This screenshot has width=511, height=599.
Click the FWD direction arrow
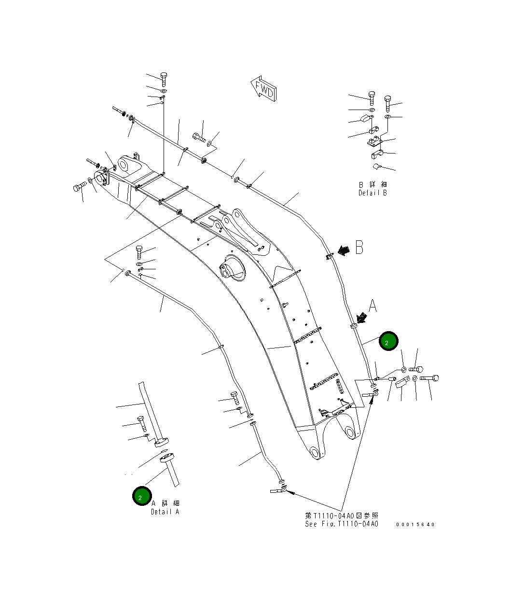tap(263, 89)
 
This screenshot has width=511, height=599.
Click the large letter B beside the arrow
tap(359, 248)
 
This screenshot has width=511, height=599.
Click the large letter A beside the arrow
tap(372, 306)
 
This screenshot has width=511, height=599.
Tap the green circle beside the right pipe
tap(388, 341)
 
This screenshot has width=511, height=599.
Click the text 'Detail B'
tap(372, 193)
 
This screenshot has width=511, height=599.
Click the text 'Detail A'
tap(165, 512)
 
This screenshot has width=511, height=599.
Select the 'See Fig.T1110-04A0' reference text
tap(341, 524)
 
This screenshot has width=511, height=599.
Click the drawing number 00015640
tap(415, 524)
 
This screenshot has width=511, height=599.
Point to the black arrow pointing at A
tap(360, 318)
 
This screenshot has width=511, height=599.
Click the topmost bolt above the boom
tap(163, 79)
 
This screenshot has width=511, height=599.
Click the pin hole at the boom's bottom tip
tap(315, 452)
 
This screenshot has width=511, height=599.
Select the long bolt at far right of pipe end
tap(429, 378)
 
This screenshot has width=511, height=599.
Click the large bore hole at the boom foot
tap(126, 166)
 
